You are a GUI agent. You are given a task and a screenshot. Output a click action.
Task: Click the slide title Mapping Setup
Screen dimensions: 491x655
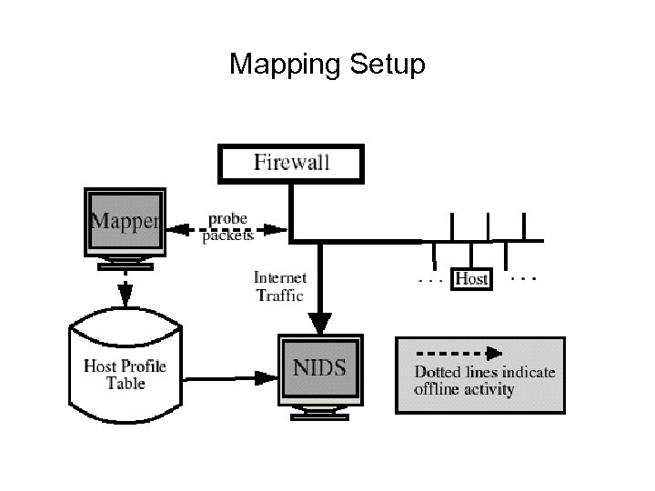pos(327,65)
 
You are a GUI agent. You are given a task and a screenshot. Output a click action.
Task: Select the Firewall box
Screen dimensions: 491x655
pos(290,164)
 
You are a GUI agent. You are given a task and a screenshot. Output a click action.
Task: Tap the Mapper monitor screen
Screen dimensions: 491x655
pos(125,223)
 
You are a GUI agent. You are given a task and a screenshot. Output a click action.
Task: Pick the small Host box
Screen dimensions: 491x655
pos(470,278)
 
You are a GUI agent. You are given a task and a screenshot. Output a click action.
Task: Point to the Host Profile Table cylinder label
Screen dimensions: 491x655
pos(126,375)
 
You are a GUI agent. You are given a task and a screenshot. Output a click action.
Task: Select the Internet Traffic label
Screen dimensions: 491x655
pos(279,286)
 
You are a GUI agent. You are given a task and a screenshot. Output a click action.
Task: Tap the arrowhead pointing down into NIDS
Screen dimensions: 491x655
pos(319,322)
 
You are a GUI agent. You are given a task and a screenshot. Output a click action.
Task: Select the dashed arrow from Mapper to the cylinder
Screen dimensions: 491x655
pos(125,289)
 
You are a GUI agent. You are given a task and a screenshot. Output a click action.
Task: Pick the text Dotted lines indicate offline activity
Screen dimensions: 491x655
pos(484,381)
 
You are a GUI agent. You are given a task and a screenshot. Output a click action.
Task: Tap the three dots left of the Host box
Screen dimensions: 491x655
pos(429,281)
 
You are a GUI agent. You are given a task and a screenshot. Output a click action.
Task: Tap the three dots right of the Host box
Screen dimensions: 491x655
pos(522,276)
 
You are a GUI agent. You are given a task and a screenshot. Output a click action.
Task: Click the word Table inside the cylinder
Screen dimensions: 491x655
pos(126,384)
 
